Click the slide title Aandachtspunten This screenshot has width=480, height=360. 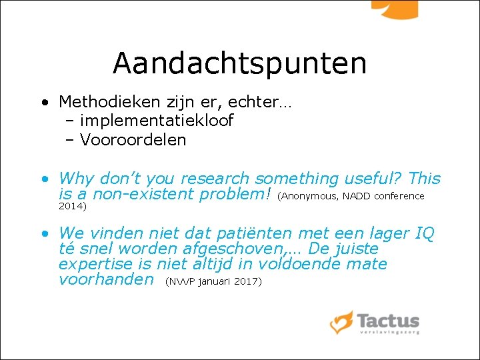239,63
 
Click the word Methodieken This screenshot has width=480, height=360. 109,102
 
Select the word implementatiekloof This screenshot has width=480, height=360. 157,121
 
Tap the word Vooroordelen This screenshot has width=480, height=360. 133,139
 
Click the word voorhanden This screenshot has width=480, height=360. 106,279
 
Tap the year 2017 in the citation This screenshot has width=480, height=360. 247,281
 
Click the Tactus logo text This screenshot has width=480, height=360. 388,321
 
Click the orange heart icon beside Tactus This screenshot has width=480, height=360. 341,322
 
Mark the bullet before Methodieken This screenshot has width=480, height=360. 43,103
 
